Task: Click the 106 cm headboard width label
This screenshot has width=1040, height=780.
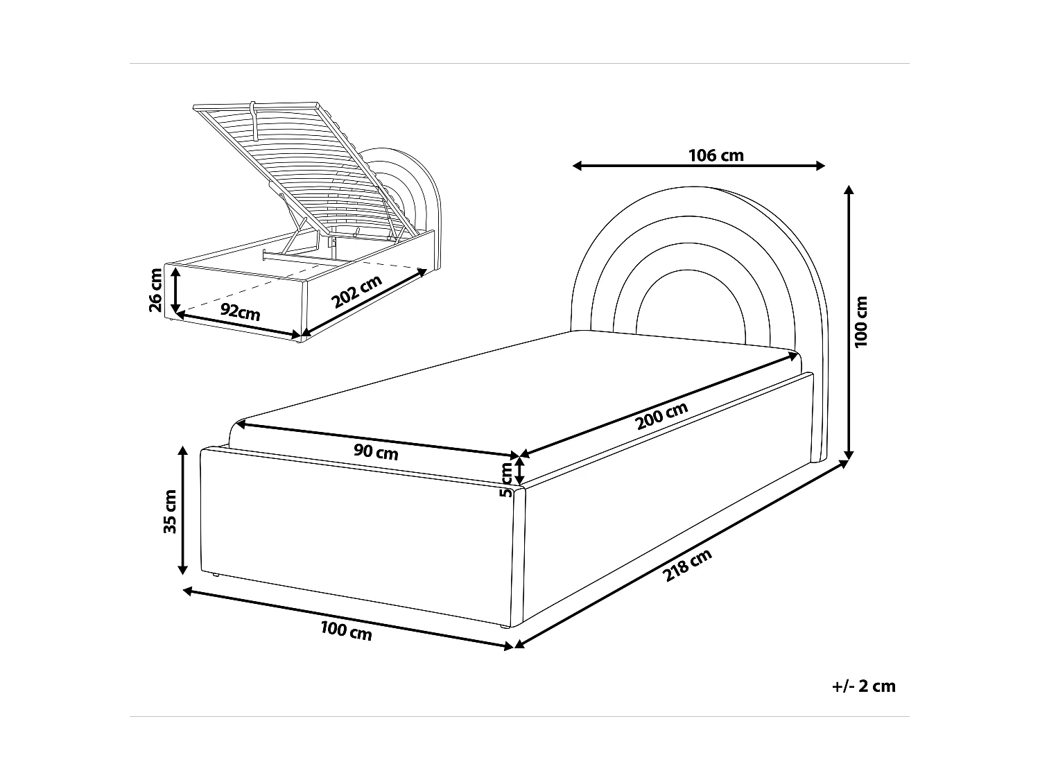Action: [x=716, y=155]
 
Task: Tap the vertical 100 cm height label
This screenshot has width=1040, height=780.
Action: [x=860, y=322]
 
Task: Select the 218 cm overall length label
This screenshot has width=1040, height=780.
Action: [x=688, y=564]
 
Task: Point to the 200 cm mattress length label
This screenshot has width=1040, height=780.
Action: [x=661, y=416]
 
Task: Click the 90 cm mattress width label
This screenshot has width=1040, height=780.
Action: [x=376, y=451]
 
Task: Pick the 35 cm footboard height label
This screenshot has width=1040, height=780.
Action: [x=170, y=512]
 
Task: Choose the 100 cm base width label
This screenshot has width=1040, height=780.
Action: [x=347, y=631]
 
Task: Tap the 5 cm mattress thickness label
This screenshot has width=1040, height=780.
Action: [x=506, y=480]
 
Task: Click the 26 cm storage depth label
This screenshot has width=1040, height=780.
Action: [x=155, y=290]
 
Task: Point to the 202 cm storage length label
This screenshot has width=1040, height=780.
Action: [x=356, y=291]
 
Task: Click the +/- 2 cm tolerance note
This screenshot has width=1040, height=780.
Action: [x=863, y=686]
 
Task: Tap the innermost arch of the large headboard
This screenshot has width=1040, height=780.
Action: [x=691, y=270]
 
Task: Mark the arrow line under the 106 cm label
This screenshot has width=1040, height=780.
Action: [x=699, y=166]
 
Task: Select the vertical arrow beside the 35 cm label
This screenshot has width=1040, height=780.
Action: [x=182, y=510]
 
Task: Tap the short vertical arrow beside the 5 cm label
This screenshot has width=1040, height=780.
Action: [x=520, y=470]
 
